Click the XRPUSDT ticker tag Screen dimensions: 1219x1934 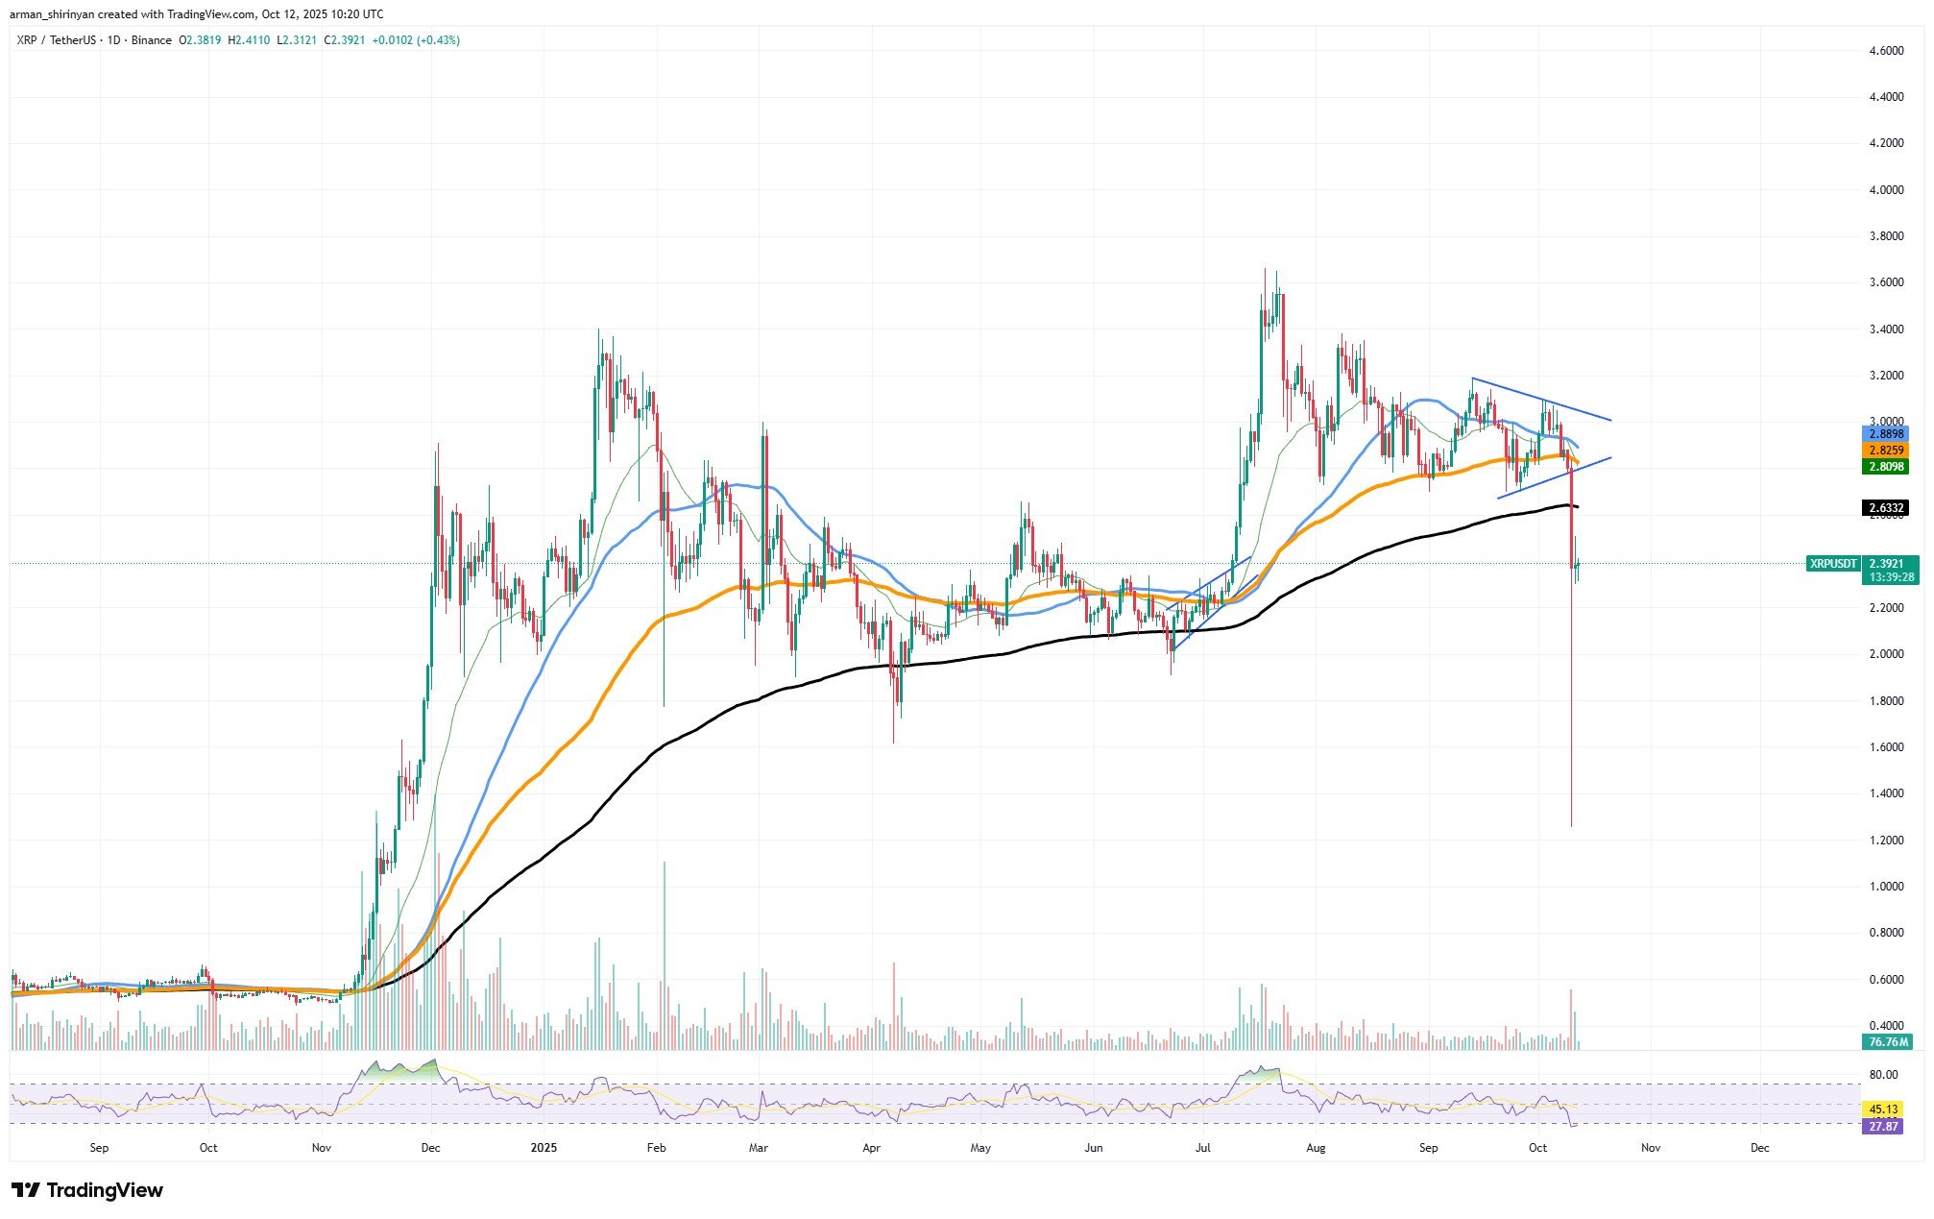point(1832,564)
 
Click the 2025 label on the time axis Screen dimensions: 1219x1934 point(544,1148)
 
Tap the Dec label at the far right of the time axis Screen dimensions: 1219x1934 point(1759,1148)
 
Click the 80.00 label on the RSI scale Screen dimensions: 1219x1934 point(1883,1075)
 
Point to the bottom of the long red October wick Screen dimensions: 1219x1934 point(1571,825)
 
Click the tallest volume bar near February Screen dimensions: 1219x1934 point(665,961)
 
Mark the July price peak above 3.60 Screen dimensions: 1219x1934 point(1265,270)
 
